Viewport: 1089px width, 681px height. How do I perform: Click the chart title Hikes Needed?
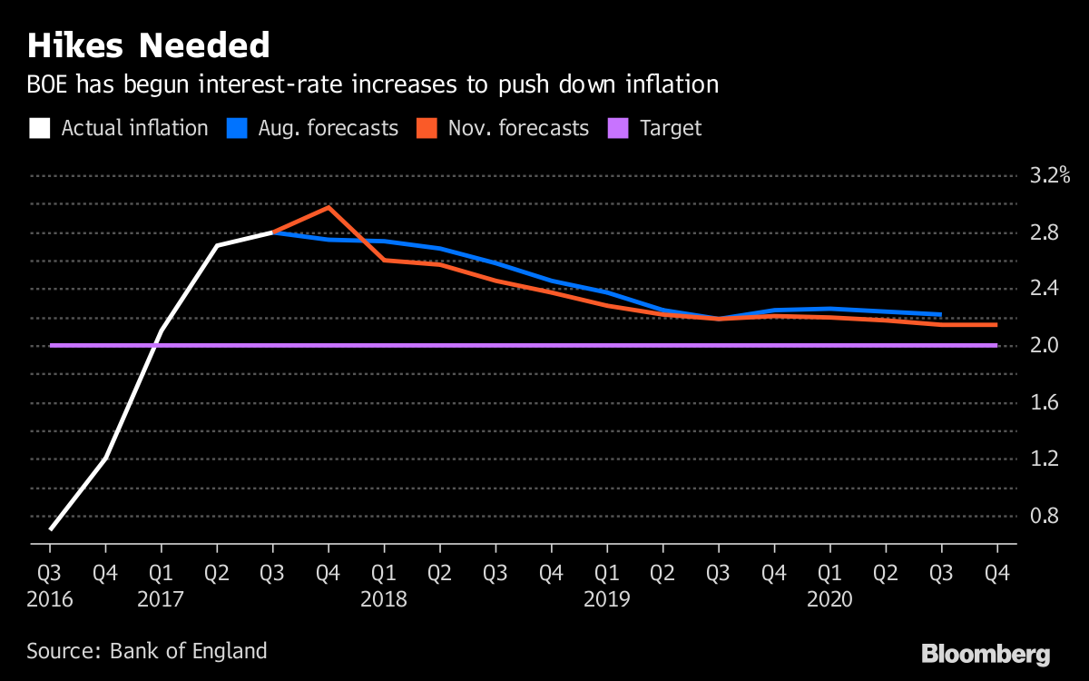[x=149, y=45]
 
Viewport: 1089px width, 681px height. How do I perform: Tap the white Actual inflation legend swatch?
[x=39, y=128]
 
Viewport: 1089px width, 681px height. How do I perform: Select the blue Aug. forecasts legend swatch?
[x=235, y=128]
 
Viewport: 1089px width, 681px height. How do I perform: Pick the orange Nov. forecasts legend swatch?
[x=426, y=128]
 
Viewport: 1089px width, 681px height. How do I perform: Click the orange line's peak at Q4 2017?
[x=329, y=207]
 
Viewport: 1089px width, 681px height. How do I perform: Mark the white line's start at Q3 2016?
[x=51, y=528]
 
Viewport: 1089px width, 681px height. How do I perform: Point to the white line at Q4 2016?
[x=106, y=458]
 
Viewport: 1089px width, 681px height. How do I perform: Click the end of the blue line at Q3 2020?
[x=940, y=315]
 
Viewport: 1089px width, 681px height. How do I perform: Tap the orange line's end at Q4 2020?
[x=996, y=324]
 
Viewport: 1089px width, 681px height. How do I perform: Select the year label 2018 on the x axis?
[x=384, y=600]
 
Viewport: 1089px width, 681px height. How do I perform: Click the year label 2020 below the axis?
[x=830, y=600]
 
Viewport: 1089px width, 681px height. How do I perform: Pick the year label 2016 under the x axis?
[x=50, y=600]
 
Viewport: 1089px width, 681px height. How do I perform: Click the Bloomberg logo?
[x=986, y=654]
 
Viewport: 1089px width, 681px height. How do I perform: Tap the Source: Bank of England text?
[x=147, y=651]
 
